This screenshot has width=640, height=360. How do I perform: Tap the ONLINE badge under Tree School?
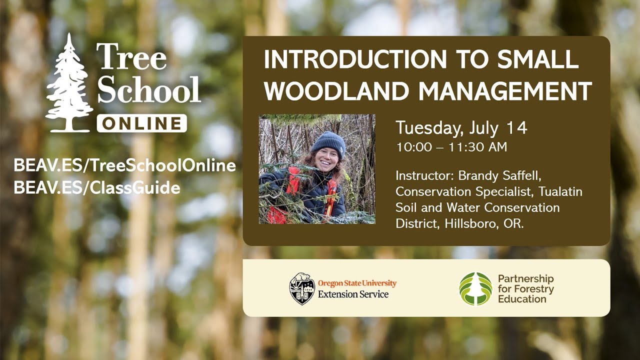click(x=142, y=123)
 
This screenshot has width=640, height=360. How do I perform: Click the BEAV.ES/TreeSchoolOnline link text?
click(x=124, y=165)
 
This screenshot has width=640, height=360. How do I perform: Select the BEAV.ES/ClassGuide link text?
click(x=97, y=188)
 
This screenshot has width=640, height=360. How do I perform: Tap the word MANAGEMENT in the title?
click(x=505, y=91)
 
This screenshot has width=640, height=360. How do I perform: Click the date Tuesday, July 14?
click(x=461, y=128)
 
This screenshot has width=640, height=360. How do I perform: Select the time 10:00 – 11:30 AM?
click(x=451, y=147)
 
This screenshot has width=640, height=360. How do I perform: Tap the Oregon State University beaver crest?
click(x=302, y=288)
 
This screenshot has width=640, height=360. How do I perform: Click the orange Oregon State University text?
click(x=357, y=283)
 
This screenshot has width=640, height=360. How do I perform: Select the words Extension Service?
click(x=353, y=294)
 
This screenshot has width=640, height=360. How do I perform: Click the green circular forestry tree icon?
click(x=475, y=288)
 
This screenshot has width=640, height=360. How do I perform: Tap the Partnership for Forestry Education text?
click(x=525, y=288)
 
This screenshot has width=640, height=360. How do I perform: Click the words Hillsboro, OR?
click(x=484, y=223)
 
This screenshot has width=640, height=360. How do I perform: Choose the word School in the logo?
click(x=148, y=90)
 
